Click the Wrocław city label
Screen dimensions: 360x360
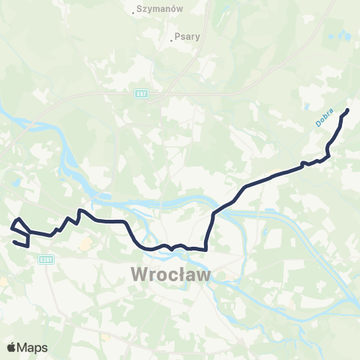pos(172,274)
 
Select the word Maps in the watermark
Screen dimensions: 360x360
pos(33,347)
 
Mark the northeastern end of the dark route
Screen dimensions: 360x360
pos(348,111)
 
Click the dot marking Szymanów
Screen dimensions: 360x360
pos(133,12)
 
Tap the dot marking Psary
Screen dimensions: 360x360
pos(172,40)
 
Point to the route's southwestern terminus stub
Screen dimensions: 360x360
pos(15,241)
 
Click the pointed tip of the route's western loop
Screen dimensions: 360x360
pos(19,218)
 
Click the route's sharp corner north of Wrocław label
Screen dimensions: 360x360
pos(205,248)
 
